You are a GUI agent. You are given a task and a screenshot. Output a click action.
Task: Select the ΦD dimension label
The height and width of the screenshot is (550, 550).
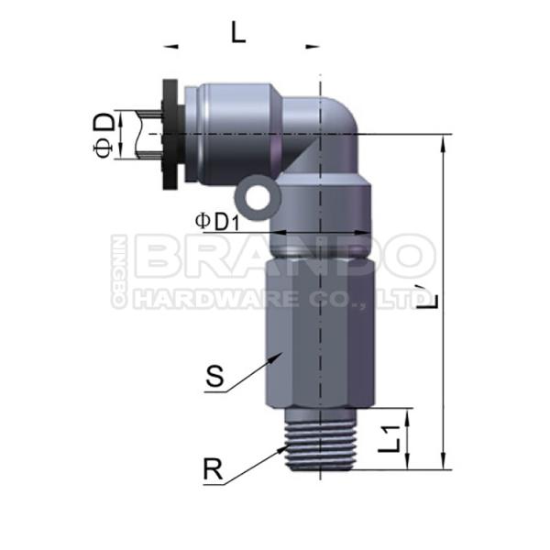(x=104, y=135)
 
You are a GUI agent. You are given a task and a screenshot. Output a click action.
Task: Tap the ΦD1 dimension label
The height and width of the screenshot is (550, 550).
(x=217, y=222)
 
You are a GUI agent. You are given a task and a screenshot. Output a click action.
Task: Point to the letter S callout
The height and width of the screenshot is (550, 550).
(x=214, y=376)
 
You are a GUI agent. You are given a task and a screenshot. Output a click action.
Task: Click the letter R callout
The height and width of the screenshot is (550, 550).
(x=213, y=469)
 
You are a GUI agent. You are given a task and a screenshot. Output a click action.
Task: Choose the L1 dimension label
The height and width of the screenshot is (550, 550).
(x=389, y=438)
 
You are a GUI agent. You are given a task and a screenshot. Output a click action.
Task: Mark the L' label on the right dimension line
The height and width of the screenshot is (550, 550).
(x=428, y=297)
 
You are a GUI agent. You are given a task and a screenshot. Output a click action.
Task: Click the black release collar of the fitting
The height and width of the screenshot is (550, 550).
(x=170, y=135)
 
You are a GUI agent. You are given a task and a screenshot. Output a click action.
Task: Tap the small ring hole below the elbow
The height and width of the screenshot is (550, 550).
(x=258, y=197)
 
